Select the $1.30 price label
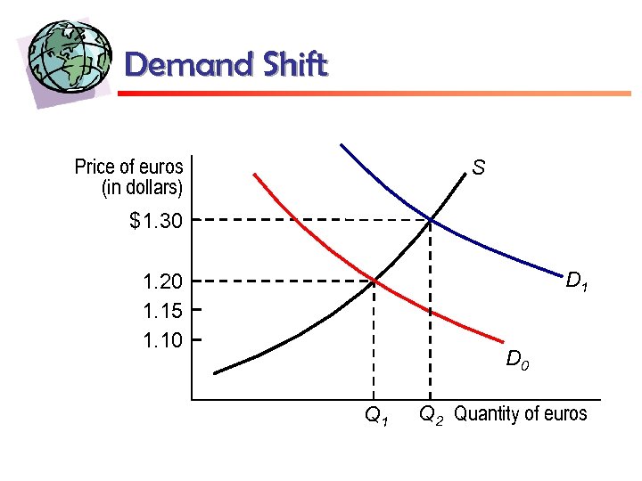pos(156,220)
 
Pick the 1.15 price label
pos(162,311)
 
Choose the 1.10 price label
pos(162,339)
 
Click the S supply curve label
pos(479,167)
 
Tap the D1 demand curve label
pos(577,282)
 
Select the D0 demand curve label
pos(518,361)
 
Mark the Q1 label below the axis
pos(376,415)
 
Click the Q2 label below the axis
pos(432,414)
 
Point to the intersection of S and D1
pos(431,219)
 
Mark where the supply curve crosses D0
pos(374,281)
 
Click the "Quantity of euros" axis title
pos(521,413)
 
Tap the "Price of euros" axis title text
pos(129,167)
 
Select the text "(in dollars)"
pos(143,187)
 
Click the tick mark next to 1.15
pos(194,310)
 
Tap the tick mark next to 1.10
pos(194,339)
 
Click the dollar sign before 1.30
pos(136,220)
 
